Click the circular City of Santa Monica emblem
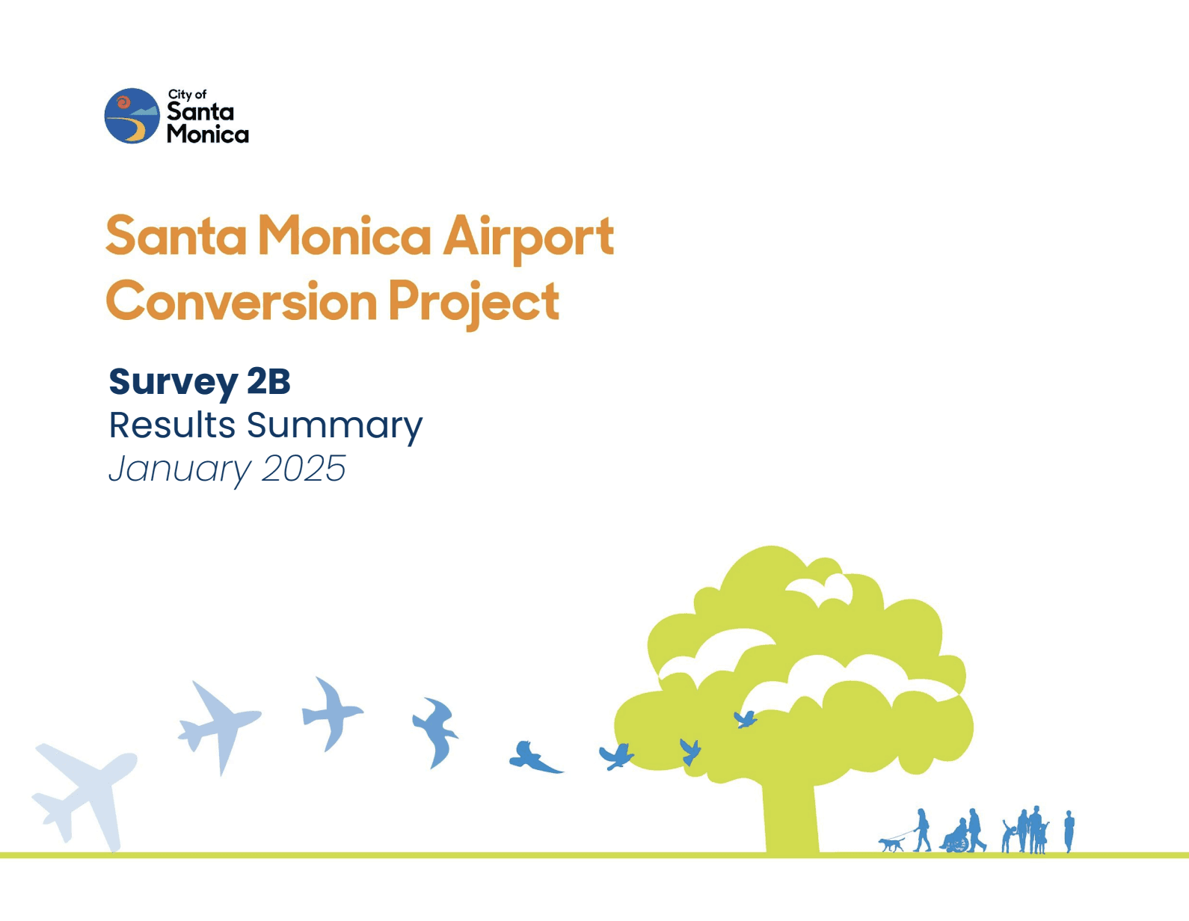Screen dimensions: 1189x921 (132, 116)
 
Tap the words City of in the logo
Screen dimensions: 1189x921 (187, 95)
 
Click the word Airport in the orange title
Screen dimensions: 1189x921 (528, 238)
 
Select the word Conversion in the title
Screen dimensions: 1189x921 (242, 301)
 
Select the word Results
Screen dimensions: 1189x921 (172, 425)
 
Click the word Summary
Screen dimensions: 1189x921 (335, 428)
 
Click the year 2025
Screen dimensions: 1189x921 (304, 469)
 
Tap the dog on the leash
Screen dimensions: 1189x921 (891, 845)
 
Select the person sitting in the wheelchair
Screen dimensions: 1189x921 (956, 837)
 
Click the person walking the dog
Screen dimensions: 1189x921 (922, 830)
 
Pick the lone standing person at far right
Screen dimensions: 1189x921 (1069, 831)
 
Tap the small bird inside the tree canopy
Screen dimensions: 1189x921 (746, 719)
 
